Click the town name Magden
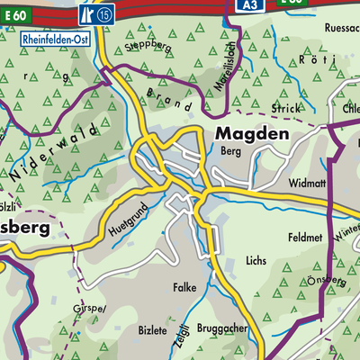point(253,134)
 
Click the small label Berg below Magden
point(231,152)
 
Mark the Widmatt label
point(307,183)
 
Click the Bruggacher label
point(224,329)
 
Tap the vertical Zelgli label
point(184,332)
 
